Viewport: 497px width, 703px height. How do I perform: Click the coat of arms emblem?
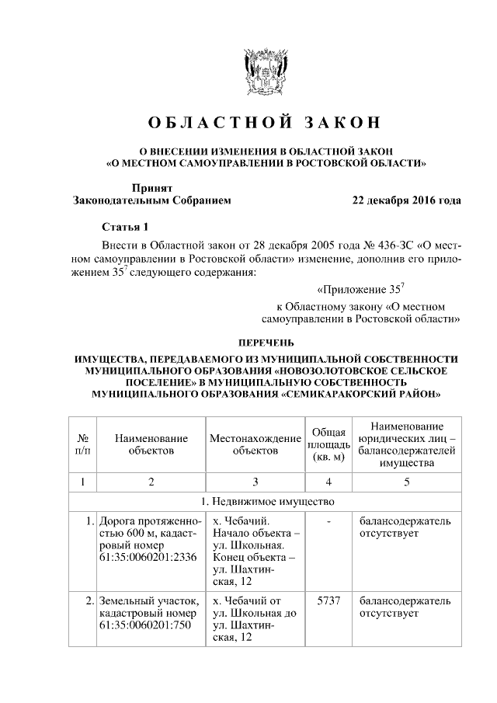pyautogui.click(x=264, y=73)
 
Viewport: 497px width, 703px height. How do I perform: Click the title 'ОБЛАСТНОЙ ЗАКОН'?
pyautogui.click(x=264, y=124)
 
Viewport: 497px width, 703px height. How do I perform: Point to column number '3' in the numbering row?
pyautogui.click(x=255, y=482)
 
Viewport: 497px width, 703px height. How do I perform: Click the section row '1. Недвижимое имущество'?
pyautogui.click(x=264, y=501)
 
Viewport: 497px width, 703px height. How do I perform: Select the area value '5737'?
pyautogui.click(x=328, y=601)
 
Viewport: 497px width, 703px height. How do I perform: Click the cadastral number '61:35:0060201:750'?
pyautogui.click(x=144, y=625)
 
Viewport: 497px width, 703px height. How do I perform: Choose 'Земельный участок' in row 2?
pyautogui.click(x=148, y=600)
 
